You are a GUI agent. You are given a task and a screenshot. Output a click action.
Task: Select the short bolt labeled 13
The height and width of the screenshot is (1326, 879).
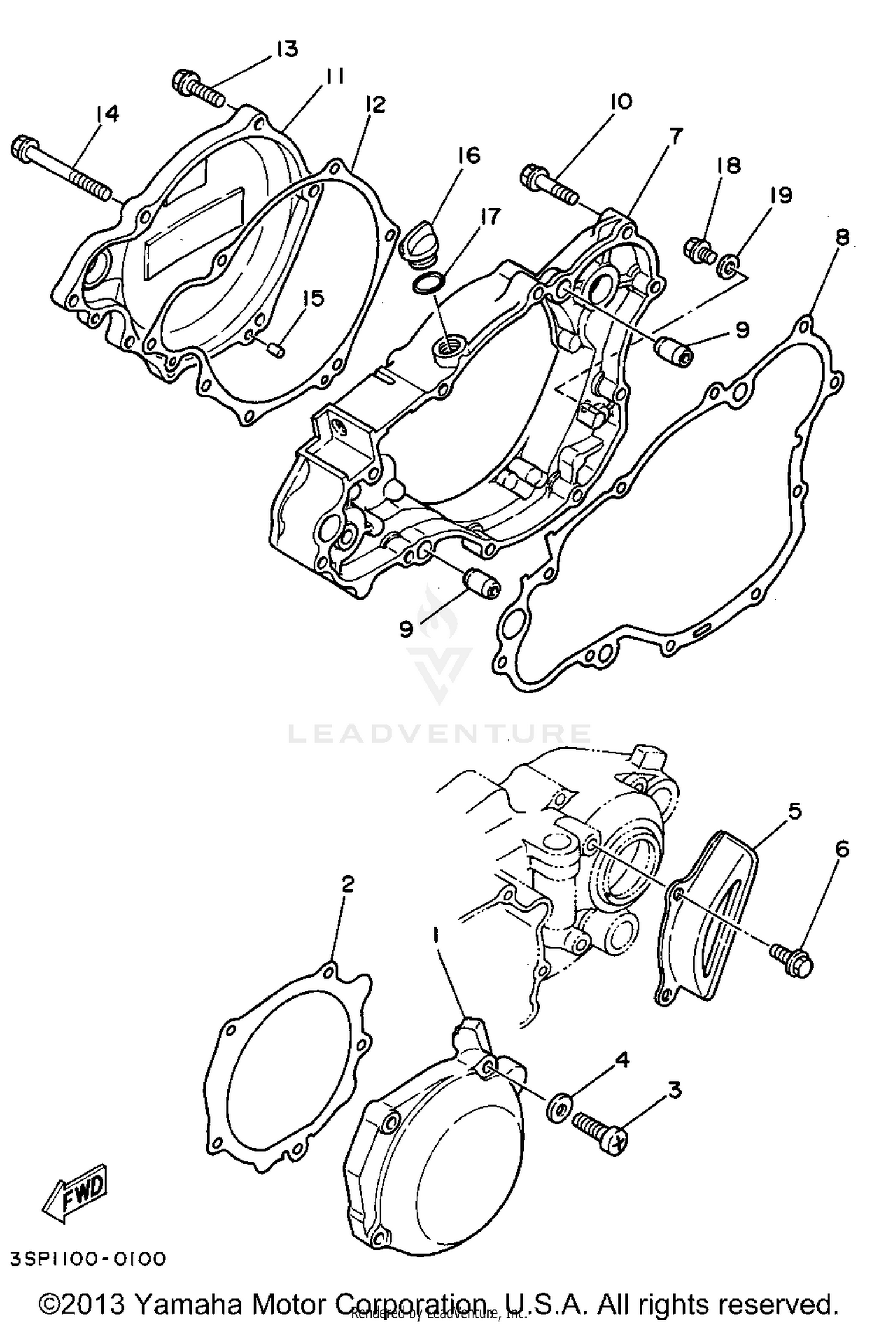[198, 88]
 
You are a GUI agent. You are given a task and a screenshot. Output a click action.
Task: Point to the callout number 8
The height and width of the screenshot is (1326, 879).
[841, 237]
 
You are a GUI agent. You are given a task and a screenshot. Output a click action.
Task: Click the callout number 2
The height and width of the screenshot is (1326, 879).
[347, 884]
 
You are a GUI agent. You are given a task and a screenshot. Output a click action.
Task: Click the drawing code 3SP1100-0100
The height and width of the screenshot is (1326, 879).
[87, 1259]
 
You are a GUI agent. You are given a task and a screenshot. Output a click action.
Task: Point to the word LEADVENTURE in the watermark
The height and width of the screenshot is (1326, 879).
[439, 733]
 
